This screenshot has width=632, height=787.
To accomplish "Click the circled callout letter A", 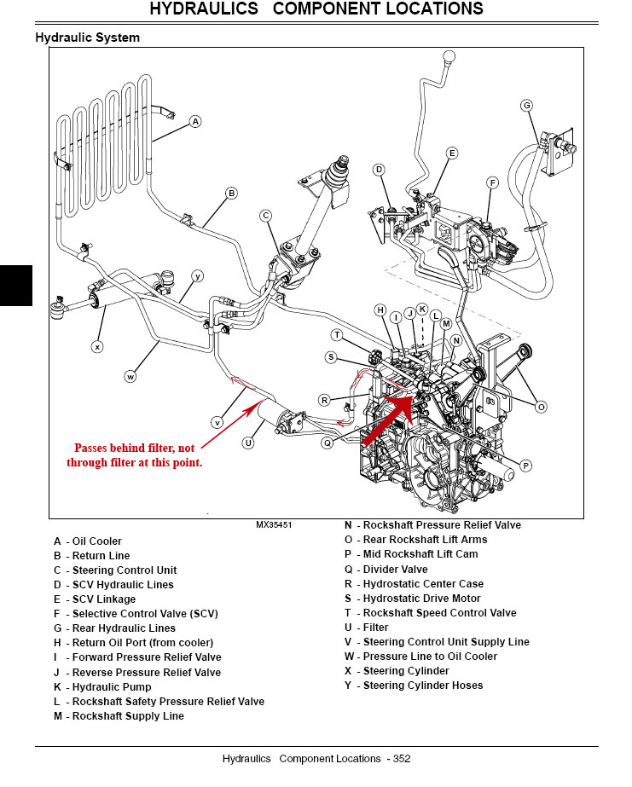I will (195, 122).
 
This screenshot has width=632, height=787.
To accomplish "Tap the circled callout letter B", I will (231, 193).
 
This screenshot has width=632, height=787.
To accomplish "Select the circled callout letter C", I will (266, 216).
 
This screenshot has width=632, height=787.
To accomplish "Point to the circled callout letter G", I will (526, 106).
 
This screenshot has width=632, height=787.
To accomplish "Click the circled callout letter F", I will (492, 182).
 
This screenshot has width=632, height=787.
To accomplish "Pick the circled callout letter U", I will (248, 443).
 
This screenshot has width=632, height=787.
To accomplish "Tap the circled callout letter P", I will (525, 466).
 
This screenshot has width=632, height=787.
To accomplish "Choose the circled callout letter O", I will (540, 408).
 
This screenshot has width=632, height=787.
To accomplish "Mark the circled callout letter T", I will (337, 335).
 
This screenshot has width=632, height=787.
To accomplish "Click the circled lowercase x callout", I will (97, 346).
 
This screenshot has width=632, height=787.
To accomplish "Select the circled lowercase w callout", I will (131, 375).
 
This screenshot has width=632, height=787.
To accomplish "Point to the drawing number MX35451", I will (274, 525).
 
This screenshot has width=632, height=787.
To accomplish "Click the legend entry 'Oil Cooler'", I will (88, 541).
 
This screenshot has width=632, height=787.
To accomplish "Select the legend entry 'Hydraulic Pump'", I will (102, 687).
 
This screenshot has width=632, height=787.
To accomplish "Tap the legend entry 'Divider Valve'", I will (386, 570).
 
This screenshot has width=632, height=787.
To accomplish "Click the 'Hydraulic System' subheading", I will (87, 38).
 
